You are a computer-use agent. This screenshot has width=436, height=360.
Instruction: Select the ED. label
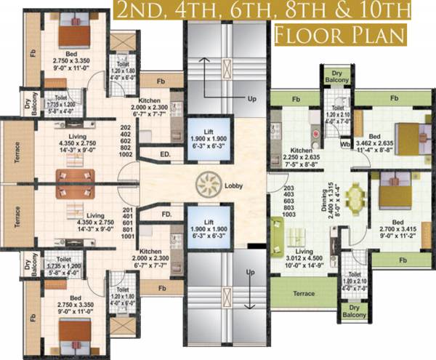166,154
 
